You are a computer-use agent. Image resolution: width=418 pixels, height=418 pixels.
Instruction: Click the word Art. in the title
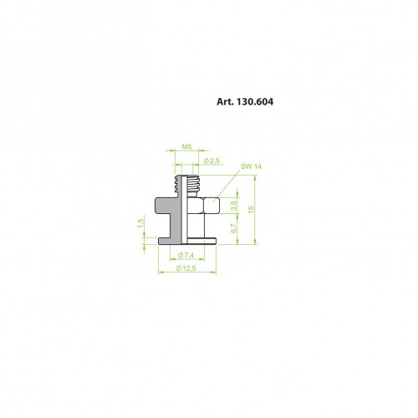(225, 102)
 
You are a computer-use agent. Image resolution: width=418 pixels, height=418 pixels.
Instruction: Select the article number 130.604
(255, 102)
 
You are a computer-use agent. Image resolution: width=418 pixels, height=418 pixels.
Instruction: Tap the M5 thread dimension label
(186, 146)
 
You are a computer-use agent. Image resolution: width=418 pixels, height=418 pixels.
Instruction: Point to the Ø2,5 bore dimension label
(212, 161)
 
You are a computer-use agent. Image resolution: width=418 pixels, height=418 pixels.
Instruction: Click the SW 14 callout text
(251, 166)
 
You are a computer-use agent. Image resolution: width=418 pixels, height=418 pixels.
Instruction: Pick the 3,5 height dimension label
(233, 206)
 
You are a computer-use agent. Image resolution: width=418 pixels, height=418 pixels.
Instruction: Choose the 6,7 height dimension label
(233, 228)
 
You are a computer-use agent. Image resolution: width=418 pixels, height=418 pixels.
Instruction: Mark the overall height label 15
(251, 210)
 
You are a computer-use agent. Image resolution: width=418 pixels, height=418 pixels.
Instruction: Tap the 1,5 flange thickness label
(140, 223)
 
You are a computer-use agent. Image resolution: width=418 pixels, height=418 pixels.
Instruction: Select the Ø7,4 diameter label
(186, 255)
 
